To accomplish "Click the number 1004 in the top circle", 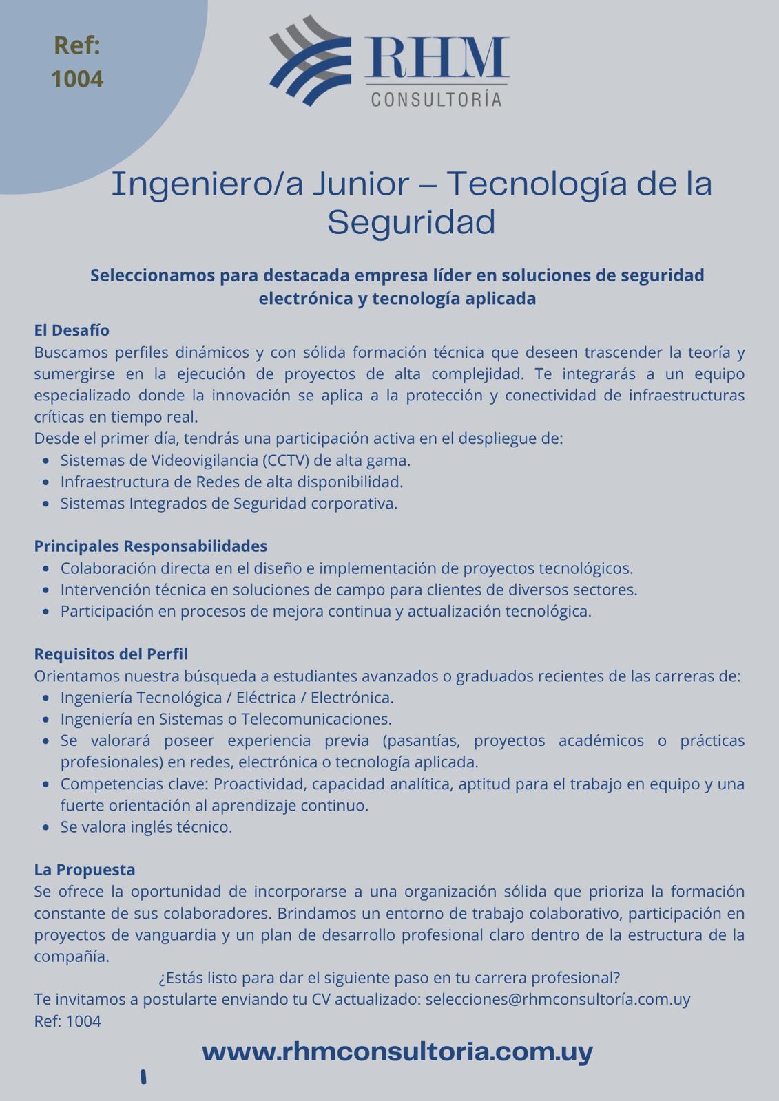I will tap(77, 79).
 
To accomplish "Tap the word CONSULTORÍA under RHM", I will tap(436, 100).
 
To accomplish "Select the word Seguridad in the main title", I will tap(411, 222).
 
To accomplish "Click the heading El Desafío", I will tap(72, 330).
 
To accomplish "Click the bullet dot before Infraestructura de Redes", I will tap(45, 482).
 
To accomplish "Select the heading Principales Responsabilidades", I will tap(151, 546).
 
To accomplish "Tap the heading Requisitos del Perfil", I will tap(111, 654).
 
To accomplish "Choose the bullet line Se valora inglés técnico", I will tap(146, 826).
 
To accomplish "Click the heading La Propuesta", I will tap(85, 870).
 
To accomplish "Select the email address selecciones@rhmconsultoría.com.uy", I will tap(558, 999).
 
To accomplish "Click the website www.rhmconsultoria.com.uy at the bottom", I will tap(397, 1051).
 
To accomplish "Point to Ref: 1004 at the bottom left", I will tap(67, 1021).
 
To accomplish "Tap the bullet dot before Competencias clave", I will tap(45, 784).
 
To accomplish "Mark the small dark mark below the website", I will tap(143, 1077).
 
